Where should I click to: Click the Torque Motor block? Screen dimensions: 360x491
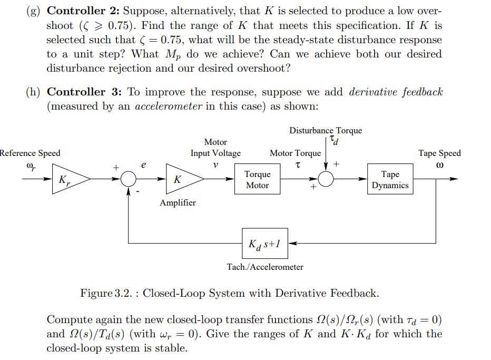coord(257,179)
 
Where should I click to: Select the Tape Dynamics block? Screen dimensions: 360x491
coord(390,179)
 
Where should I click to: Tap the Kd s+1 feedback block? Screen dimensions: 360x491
coord(264,244)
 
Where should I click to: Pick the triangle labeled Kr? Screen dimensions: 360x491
coord(67,179)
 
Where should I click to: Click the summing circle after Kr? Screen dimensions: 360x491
coord(129,179)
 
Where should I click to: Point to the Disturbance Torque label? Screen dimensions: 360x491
coord(325,130)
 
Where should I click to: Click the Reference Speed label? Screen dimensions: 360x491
coord(30,153)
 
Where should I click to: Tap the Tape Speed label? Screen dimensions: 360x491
coord(439,153)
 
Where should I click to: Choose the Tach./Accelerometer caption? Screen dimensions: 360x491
coord(265,267)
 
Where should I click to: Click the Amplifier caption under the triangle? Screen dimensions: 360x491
coord(178,203)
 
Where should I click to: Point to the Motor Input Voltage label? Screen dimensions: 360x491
coord(215,148)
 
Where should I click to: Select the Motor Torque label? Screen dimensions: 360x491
coord(295,153)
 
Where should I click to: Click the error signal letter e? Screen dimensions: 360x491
coord(144,164)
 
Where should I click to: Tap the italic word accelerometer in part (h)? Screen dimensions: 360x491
coord(169,106)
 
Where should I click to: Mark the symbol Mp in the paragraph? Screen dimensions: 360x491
coord(171,55)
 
